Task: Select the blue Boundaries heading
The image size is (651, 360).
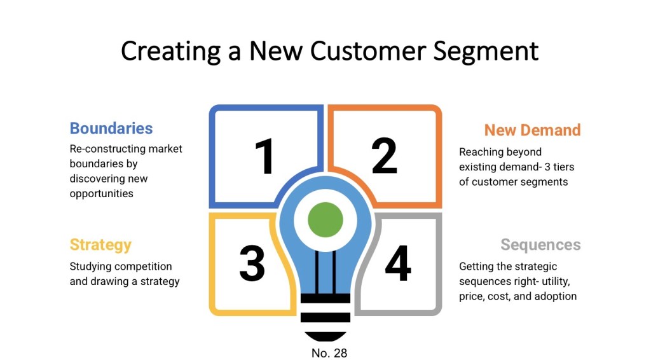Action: [111, 128]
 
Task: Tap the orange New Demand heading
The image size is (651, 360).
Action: [532, 130]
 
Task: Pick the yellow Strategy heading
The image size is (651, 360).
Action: [100, 245]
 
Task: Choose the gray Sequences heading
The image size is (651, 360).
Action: [540, 245]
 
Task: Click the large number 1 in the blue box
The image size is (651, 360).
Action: [264, 156]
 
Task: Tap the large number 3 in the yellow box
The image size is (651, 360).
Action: [252, 263]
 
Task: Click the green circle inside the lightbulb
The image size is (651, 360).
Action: [325, 220]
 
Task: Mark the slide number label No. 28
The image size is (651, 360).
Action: [329, 352]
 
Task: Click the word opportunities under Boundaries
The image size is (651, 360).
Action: [101, 193]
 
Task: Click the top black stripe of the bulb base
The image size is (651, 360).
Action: [325, 298]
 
